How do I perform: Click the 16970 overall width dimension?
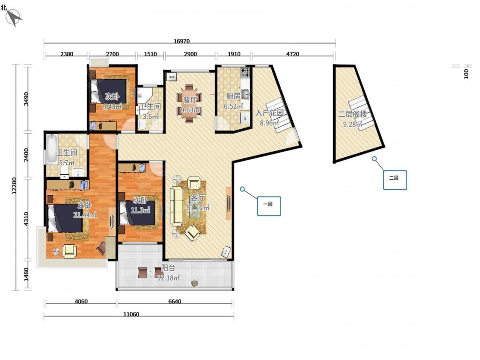coord(182,41)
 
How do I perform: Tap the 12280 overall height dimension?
coord(14,186)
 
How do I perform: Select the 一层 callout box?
coord(269,206)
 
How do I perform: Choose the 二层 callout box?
coord(395,180)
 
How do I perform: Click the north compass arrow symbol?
coord(14,18)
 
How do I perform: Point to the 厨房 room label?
coord(233,96)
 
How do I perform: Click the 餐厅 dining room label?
coord(190,100)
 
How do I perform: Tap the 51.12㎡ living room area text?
coord(198,207)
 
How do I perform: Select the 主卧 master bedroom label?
coord(85,205)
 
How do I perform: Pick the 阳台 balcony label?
coord(168,268)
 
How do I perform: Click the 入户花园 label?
coord(270,113)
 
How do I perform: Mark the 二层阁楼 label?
coord(352,114)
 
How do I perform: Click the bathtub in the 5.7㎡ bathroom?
coord(52,149)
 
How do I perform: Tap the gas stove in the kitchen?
coord(245,73)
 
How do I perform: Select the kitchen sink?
coord(245,94)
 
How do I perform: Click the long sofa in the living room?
coord(176,206)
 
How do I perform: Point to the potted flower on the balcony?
coord(194,283)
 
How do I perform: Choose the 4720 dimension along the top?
coord(292,54)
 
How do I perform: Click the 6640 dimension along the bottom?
coord(175,302)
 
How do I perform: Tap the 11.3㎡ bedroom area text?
coord(140,210)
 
